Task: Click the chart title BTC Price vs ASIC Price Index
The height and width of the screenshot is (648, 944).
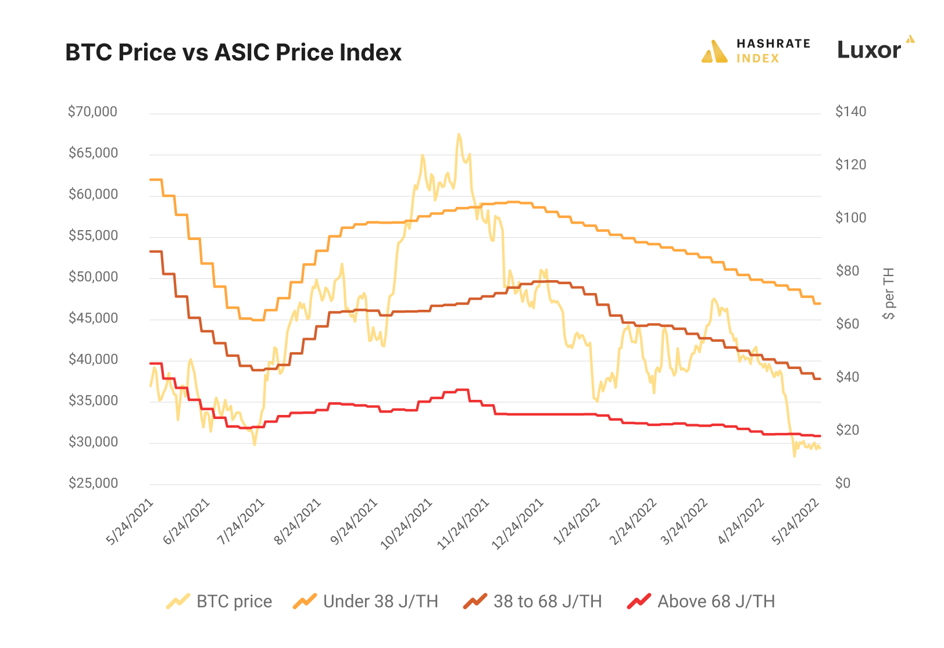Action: point(233,52)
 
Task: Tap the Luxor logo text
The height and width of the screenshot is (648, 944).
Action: point(868,50)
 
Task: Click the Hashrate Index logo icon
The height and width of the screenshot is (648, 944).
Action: point(714,52)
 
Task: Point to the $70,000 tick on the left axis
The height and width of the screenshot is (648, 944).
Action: point(92,112)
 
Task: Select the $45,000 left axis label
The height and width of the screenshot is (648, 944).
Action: point(93,318)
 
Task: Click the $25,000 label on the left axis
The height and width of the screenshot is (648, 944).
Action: point(93,483)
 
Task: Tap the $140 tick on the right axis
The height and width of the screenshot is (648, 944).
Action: point(850,112)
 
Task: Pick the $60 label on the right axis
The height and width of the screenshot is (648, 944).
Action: point(847,324)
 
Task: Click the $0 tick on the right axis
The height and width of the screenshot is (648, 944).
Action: point(842,483)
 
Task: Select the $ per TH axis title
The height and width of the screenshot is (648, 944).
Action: point(888,293)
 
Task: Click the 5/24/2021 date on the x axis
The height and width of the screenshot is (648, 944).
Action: point(130,521)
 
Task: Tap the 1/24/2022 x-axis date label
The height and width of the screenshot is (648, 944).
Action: point(577,521)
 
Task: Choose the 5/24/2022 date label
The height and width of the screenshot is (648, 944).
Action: point(796,521)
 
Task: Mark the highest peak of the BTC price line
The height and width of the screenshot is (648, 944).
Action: point(459,134)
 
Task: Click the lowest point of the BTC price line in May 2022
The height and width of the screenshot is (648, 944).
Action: point(794,456)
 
